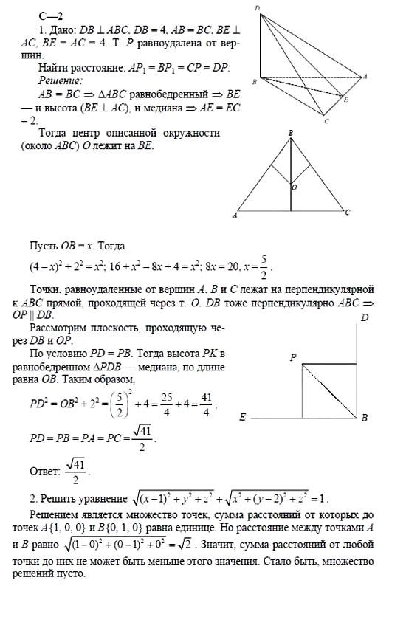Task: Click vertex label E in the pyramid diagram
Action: (347, 97)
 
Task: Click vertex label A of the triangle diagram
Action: (234, 216)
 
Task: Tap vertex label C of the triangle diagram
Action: (346, 213)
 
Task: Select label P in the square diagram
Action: (292, 357)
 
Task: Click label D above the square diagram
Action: (364, 318)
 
